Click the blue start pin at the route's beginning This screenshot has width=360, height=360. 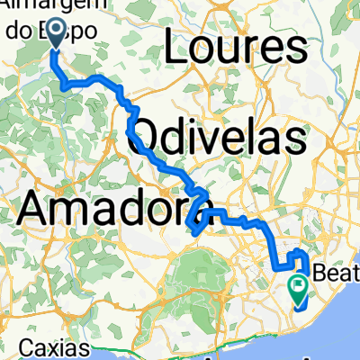56,34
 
